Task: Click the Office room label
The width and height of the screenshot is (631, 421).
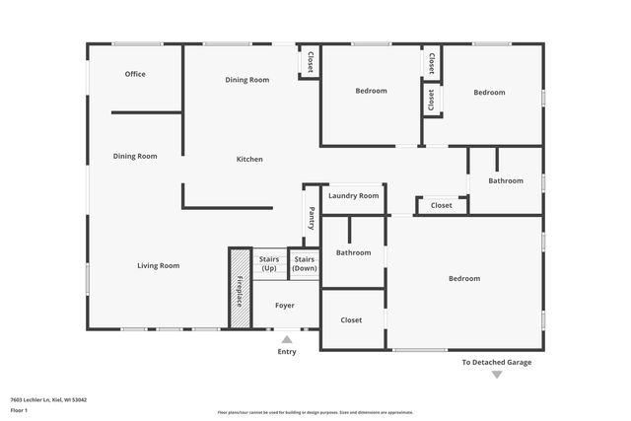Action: point(135,74)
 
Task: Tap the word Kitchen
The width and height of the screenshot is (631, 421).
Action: point(248,159)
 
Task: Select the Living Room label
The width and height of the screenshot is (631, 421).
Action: point(158,265)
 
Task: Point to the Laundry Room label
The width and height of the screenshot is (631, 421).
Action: point(353,196)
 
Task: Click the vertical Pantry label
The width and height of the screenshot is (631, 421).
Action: point(312,217)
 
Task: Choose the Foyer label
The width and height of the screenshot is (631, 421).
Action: point(284,306)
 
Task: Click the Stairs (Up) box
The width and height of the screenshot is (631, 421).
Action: point(269,263)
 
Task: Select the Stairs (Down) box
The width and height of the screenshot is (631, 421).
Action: point(305,263)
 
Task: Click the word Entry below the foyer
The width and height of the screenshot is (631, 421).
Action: point(287,351)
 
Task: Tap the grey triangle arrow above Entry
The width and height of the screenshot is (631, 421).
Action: point(287,339)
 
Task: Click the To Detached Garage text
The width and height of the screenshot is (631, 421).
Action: point(497,362)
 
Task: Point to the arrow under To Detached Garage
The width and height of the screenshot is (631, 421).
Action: point(497,375)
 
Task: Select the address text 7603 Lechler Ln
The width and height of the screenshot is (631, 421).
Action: point(48,399)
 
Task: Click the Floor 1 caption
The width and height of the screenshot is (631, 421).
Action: point(18,409)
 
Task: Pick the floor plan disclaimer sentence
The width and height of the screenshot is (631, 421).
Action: point(315,412)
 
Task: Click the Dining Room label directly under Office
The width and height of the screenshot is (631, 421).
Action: point(135,156)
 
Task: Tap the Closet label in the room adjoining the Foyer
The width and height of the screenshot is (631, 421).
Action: point(351,320)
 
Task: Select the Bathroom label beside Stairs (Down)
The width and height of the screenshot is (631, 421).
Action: point(353,252)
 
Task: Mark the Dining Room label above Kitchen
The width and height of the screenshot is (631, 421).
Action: point(246,80)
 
